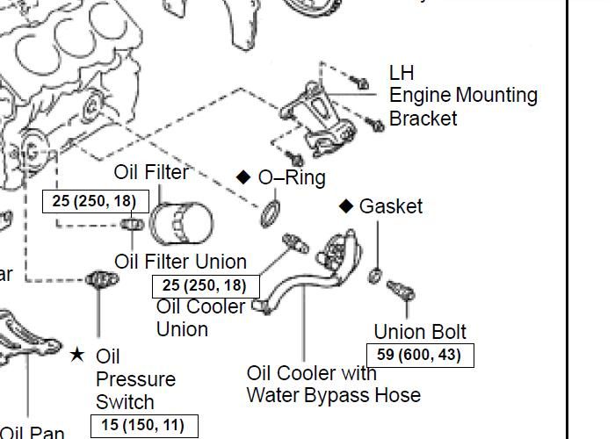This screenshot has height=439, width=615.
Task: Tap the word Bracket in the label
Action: point(423,118)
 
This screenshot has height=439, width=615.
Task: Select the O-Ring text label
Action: point(292,177)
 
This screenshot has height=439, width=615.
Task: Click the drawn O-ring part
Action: point(271,212)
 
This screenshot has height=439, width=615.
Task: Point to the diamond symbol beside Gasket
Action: point(347,205)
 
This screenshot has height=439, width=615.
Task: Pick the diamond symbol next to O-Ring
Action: point(244,176)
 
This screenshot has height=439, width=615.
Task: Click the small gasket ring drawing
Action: point(376,276)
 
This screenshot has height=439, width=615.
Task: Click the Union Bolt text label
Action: point(420,332)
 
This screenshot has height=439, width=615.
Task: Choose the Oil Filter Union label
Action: point(181,262)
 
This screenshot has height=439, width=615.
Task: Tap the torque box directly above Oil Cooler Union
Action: point(206,285)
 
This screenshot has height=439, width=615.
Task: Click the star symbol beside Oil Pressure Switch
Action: point(77,355)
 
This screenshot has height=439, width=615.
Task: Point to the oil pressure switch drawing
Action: point(100,279)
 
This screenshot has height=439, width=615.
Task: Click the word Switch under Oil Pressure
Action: point(125,402)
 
